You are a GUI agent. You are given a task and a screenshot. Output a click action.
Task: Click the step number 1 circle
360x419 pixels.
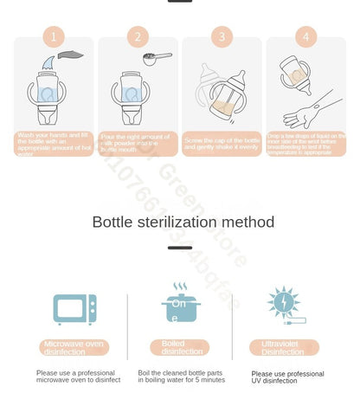tap(54, 36)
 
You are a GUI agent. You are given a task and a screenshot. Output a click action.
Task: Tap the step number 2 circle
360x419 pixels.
tap(138, 36)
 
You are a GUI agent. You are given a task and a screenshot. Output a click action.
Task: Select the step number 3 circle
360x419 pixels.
tap(222, 36)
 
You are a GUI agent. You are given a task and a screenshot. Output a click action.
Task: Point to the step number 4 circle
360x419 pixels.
tap(305, 36)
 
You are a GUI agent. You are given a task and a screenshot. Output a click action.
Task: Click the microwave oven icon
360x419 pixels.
tap(74, 309)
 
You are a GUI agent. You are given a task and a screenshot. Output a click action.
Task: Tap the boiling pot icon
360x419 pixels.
tap(180, 305)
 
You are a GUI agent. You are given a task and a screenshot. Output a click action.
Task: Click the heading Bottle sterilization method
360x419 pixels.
tap(183, 222)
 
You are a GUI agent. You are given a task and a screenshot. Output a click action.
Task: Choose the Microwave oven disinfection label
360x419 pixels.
tap(74, 348)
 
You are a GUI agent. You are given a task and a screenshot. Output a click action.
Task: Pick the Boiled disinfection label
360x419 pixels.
tap(180, 347)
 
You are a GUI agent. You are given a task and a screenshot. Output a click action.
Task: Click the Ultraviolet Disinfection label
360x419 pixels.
tap(284, 347)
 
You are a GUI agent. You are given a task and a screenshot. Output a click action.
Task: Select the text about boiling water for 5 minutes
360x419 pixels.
tap(181, 376)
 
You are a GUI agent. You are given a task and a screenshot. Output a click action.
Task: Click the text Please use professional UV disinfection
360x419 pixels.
tap(288, 377)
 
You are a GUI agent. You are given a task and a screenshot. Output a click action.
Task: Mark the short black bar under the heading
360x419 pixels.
tap(180, 248)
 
